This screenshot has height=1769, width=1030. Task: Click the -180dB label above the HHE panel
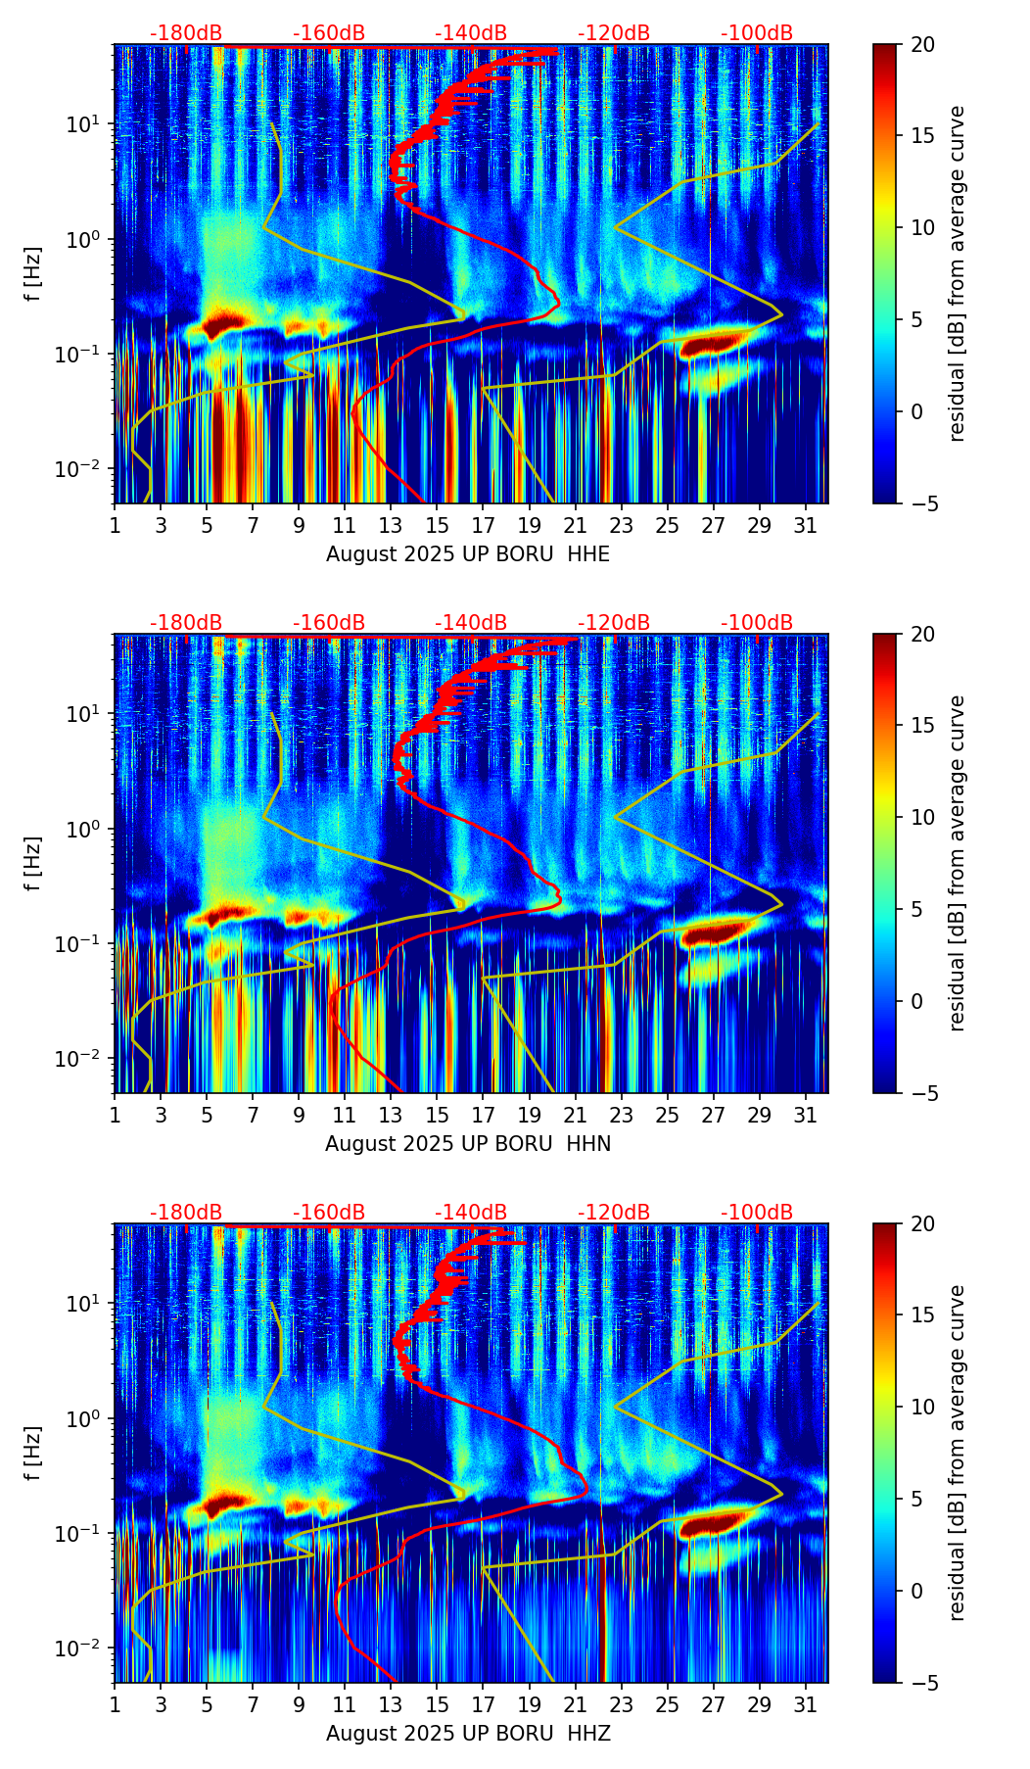[x=186, y=33]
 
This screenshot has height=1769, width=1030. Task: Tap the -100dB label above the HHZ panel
[x=757, y=1213]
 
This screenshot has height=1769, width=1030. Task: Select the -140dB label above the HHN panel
[x=471, y=623]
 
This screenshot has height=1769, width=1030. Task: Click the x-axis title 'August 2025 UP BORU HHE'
[x=468, y=554]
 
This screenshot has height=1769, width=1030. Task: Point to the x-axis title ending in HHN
[x=468, y=1144]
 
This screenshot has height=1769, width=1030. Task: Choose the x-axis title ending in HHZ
[x=468, y=1734]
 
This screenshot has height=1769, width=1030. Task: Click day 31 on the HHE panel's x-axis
[x=806, y=525]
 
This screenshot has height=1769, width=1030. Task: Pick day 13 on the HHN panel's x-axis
[x=391, y=1115]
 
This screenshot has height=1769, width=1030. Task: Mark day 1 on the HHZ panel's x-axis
[x=115, y=1704]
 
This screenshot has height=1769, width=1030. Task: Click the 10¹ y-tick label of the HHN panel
[x=82, y=714]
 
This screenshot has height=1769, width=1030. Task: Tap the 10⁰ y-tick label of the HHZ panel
[x=82, y=1419]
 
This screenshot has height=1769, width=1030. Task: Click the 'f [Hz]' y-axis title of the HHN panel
[x=33, y=863]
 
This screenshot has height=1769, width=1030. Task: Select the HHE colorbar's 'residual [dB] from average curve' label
[x=958, y=273]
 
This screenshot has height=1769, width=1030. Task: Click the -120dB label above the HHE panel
[x=614, y=33]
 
